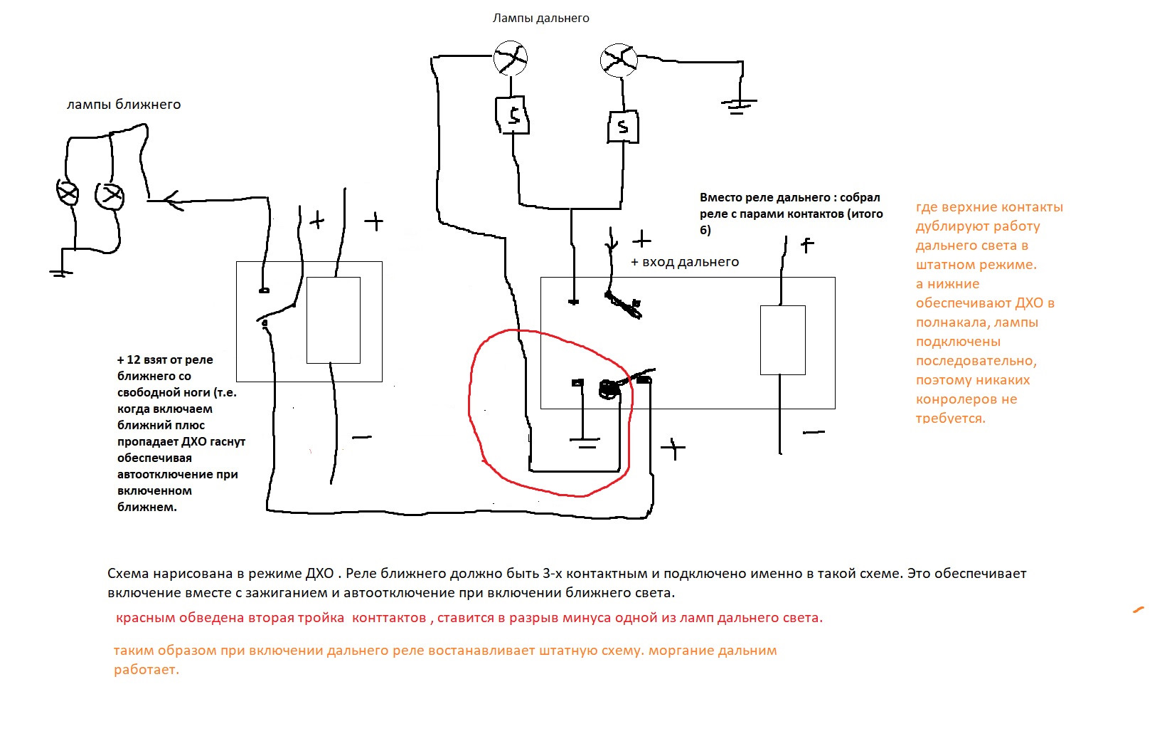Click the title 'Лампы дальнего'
(x=540, y=18)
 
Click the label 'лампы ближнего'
(x=124, y=105)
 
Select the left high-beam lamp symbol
(x=511, y=58)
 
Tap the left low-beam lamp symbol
(x=68, y=193)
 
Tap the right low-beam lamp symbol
(x=110, y=195)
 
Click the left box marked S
(x=512, y=114)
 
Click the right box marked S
(x=622, y=127)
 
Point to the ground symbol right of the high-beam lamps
(x=738, y=106)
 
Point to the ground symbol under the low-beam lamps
(x=62, y=271)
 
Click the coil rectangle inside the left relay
(x=333, y=320)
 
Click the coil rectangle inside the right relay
(x=782, y=340)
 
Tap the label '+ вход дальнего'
(x=685, y=262)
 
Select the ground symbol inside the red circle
(x=585, y=444)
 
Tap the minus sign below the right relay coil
(x=814, y=432)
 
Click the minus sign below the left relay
(x=362, y=437)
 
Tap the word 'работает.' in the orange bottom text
(x=146, y=670)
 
